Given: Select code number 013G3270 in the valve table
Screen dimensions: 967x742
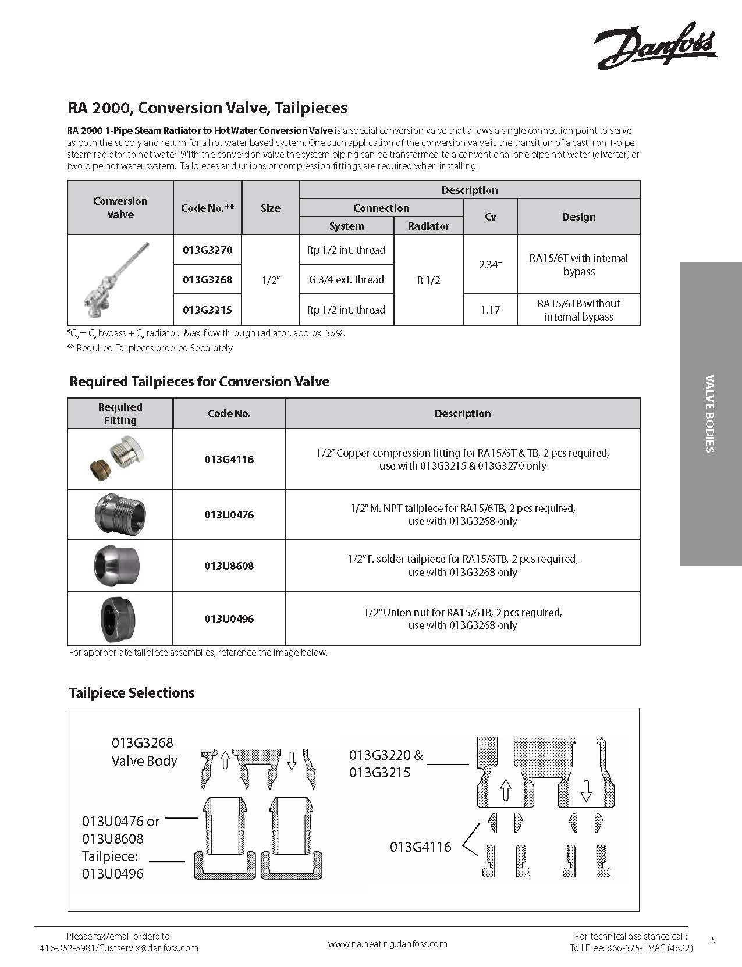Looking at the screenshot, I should [x=207, y=250].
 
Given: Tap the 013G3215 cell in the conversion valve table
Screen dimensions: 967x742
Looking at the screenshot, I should [x=207, y=310].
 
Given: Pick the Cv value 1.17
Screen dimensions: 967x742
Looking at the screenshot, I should [x=490, y=310].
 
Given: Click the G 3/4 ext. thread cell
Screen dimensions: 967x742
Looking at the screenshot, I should [x=346, y=279].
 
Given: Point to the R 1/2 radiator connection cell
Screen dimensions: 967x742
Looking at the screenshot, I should [x=428, y=280].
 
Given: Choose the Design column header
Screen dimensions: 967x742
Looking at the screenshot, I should [x=578, y=216].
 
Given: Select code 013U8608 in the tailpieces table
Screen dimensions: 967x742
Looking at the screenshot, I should [x=229, y=566].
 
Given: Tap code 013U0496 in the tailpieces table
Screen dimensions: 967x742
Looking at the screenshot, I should [x=229, y=618].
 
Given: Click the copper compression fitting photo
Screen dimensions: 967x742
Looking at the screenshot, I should [x=120, y=458].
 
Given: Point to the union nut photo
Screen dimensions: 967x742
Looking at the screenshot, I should [x=119, y=619].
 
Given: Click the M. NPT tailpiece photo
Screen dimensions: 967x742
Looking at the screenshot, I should [x=120, y=514].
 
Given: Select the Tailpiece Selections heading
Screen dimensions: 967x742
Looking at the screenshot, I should [x=132, y=692].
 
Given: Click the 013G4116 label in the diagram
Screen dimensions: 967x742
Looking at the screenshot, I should [x=420, y=847].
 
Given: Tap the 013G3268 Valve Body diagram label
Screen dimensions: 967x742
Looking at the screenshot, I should [x=144, y=752].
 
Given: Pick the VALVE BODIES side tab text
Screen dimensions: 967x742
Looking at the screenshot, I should [x=709, y=414].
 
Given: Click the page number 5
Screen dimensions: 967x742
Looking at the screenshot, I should [x=713, y=940].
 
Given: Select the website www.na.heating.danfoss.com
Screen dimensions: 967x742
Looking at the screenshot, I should [x=388, y=944].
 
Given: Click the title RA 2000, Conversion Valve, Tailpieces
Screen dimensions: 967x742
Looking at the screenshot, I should [x=207, y=108].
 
